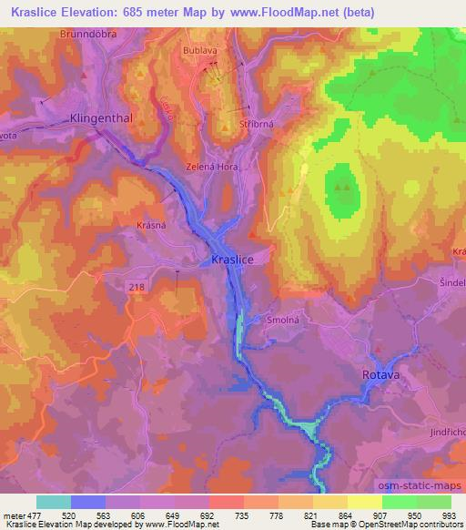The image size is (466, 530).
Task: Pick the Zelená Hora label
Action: click(x=213, y=168)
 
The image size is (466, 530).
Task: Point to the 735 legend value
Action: click(x=243, y=514)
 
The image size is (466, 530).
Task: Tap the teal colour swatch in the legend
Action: click(x=53, y=502)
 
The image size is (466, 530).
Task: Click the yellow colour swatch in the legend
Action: click(x=364, y=502)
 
